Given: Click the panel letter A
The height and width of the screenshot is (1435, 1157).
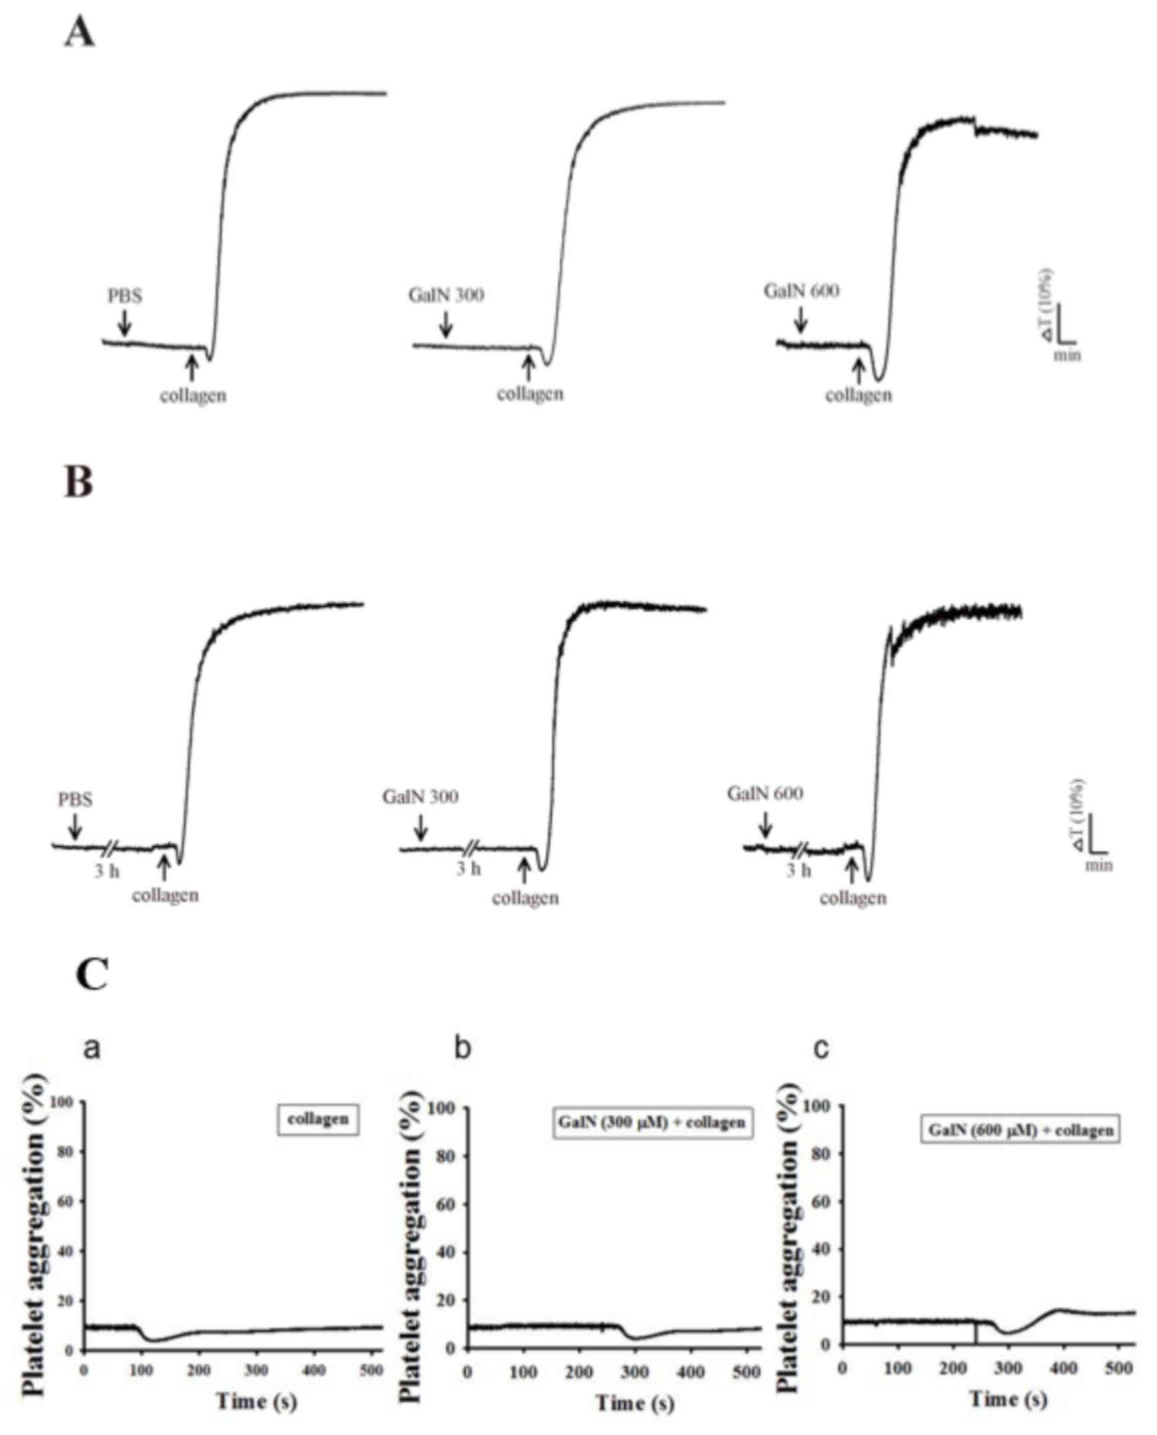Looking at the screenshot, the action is point(79,33).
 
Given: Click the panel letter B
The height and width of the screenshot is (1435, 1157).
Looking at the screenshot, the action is point(78,482).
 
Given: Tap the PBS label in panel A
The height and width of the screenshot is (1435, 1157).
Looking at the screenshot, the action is point(125,295).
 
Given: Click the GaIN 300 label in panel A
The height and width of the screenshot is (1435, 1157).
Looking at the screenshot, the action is point(447,294).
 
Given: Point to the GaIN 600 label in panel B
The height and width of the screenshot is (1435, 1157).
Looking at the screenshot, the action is point(765,794).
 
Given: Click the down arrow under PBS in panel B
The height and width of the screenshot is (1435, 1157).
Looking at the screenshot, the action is point(75,827).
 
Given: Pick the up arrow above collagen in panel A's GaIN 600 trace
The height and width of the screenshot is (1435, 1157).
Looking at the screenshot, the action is point(859,369).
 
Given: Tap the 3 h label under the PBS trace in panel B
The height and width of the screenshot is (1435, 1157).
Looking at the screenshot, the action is point(106,871).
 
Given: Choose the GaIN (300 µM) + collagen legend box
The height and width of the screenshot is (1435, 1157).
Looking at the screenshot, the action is point(652,1122).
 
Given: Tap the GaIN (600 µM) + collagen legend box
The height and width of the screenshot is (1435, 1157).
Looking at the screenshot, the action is point(1021,1130).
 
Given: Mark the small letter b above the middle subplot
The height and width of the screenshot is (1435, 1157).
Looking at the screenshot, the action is point(462,1048).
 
